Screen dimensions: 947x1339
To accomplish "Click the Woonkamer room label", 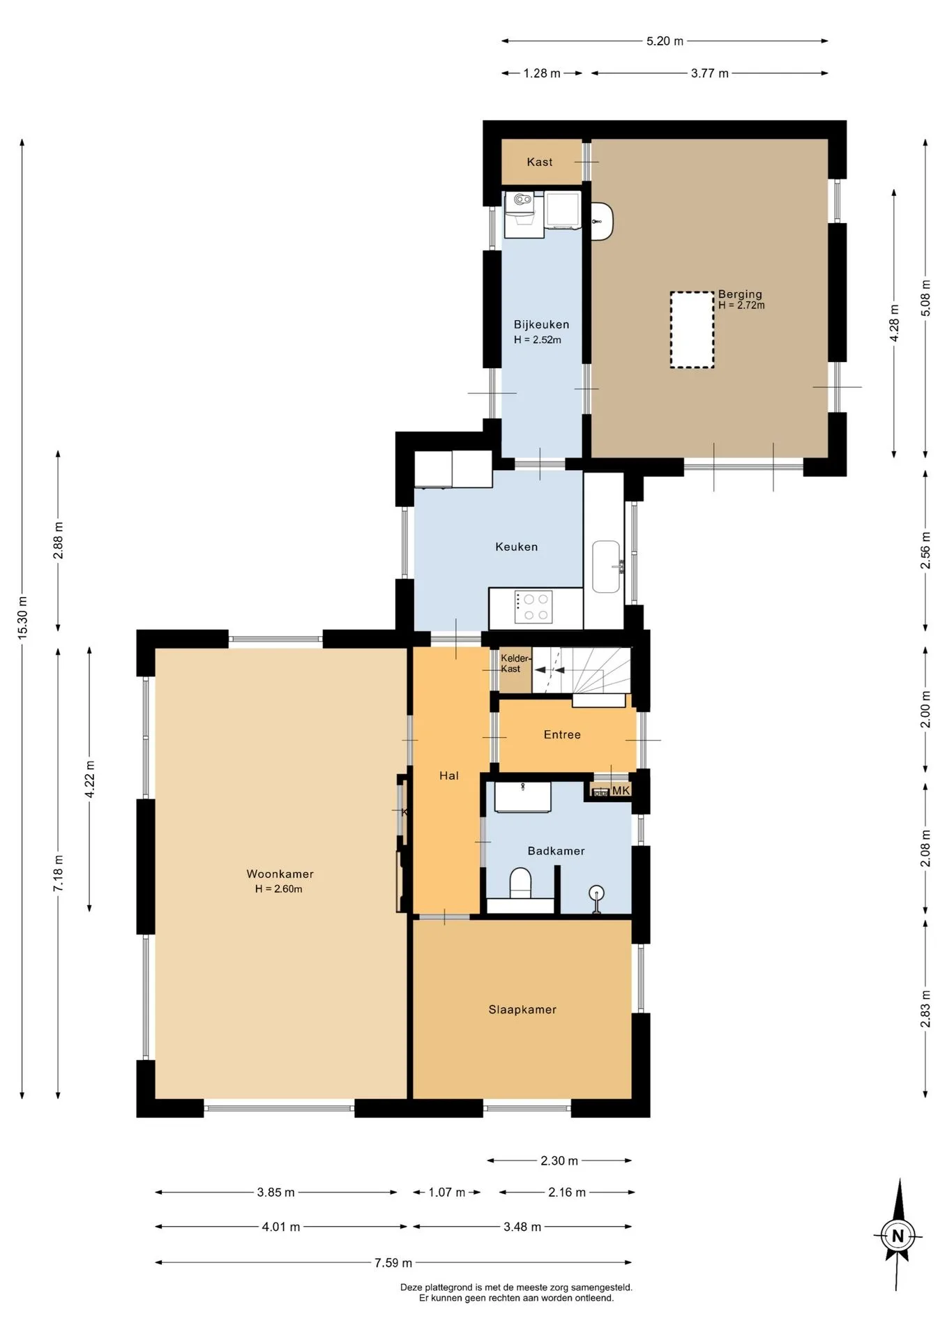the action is pos(280,874).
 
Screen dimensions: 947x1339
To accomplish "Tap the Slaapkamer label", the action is pos(522,1009).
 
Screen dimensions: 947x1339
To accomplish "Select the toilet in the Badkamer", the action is pos(520,884).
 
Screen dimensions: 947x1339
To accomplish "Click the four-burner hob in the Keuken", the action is pos(534,607).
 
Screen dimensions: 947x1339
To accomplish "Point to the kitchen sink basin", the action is pos(606,566).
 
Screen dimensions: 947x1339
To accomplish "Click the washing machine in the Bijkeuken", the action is pos(520,215).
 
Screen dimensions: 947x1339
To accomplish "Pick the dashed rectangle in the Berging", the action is pos(692,330).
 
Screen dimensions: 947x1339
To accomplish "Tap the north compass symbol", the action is pos(897,1235).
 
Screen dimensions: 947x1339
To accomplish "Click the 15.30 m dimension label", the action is pos(22,618).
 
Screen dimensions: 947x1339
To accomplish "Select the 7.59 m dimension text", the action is pos(393,1262).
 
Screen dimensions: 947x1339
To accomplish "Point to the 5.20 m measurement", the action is pos(665,41).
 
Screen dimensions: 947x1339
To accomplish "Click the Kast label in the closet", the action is pos(540,162).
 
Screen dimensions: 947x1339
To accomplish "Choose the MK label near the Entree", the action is pos(621,790).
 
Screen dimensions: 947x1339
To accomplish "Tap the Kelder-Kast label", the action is pos(515,663).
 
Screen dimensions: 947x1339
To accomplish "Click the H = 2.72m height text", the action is pos(741,305).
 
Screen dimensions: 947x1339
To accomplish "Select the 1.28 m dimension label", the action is pos(542,73).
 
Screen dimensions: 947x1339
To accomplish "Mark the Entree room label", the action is pos(562,734).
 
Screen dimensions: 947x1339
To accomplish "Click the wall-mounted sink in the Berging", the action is pos(602,221).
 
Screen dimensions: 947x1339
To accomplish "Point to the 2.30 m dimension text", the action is pos(559,1160).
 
